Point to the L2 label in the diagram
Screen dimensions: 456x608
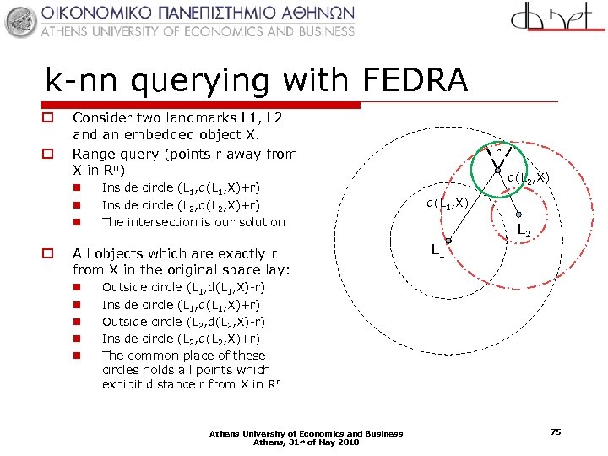pos(524,229)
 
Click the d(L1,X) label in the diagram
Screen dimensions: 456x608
pos(447,203)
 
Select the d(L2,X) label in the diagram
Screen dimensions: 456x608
pos(529,178)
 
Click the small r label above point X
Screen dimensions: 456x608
pos(498,153)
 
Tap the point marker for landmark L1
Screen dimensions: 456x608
pos(448,241)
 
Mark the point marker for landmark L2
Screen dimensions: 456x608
pos(518,214)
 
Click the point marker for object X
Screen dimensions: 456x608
pos(498,171)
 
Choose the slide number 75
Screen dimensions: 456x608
pos(555,432)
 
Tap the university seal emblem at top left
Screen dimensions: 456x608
pos(21,20)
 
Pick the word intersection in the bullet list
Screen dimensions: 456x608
pos(180,222)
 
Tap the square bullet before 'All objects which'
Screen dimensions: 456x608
pos(50,253)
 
